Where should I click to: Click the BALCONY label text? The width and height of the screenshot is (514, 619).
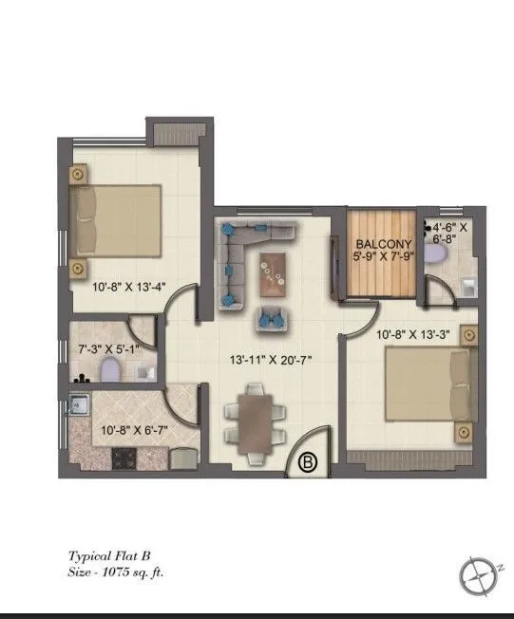click(378, 242)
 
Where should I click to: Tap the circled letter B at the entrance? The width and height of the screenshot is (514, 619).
click(308, 462)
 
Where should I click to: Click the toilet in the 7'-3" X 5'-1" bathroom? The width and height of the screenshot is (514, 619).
click(108, 368)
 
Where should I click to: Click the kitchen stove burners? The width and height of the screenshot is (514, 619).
click(124, 459)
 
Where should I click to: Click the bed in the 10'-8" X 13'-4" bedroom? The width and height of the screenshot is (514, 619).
click(114, 217)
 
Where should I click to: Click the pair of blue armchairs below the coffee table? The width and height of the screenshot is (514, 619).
click(272, 319)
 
